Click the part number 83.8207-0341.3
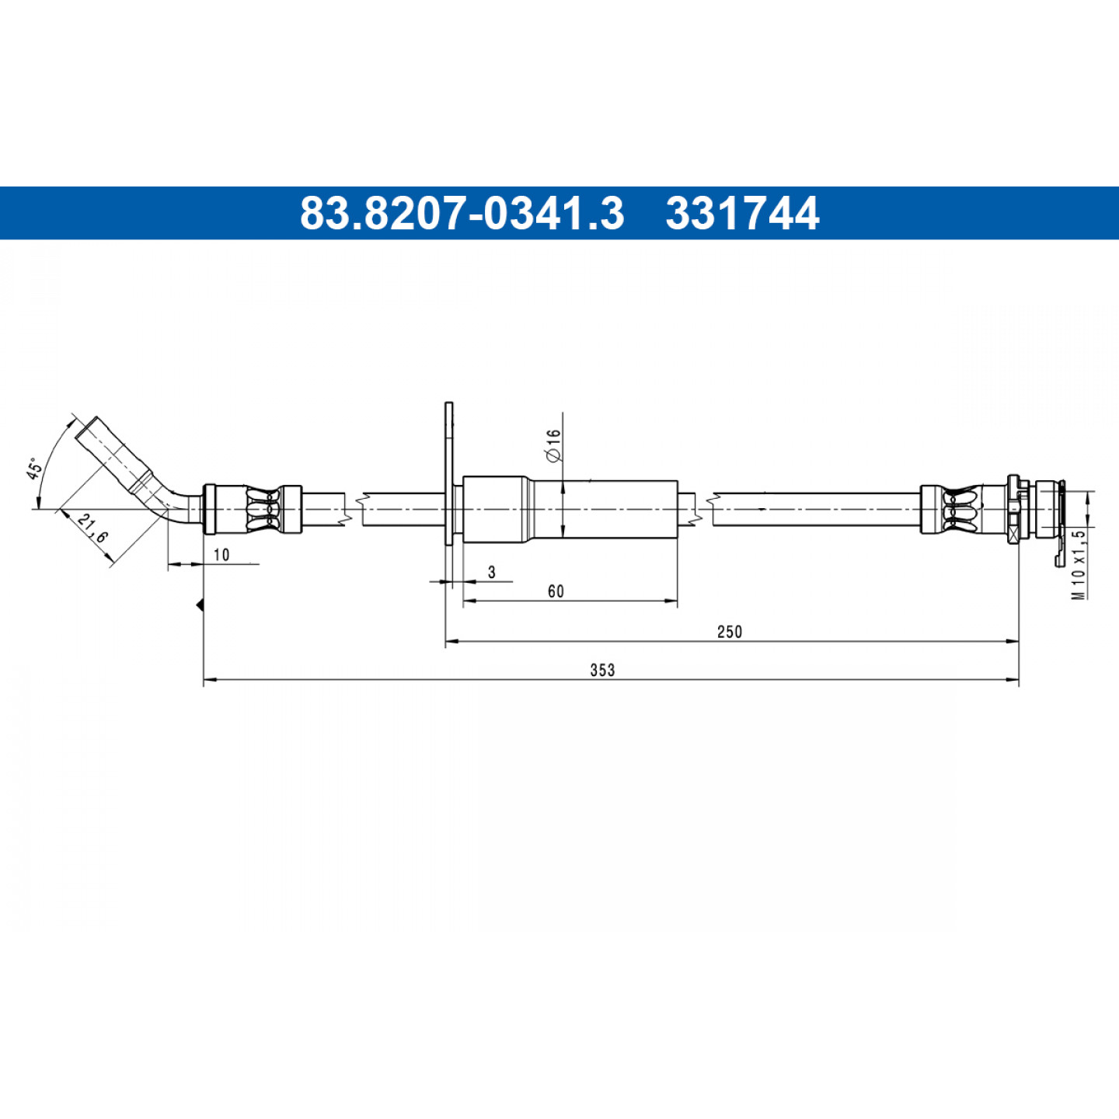pos(462,213)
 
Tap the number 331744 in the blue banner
pos(742,213)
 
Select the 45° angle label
pos(33,469)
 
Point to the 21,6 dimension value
pos(92,529)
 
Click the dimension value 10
pos(221,555)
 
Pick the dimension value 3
pos(492,573)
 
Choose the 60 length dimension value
pos(556,591)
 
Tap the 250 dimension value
pos(730,631)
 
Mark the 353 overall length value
pos(602,670)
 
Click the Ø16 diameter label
pos(553,445)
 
